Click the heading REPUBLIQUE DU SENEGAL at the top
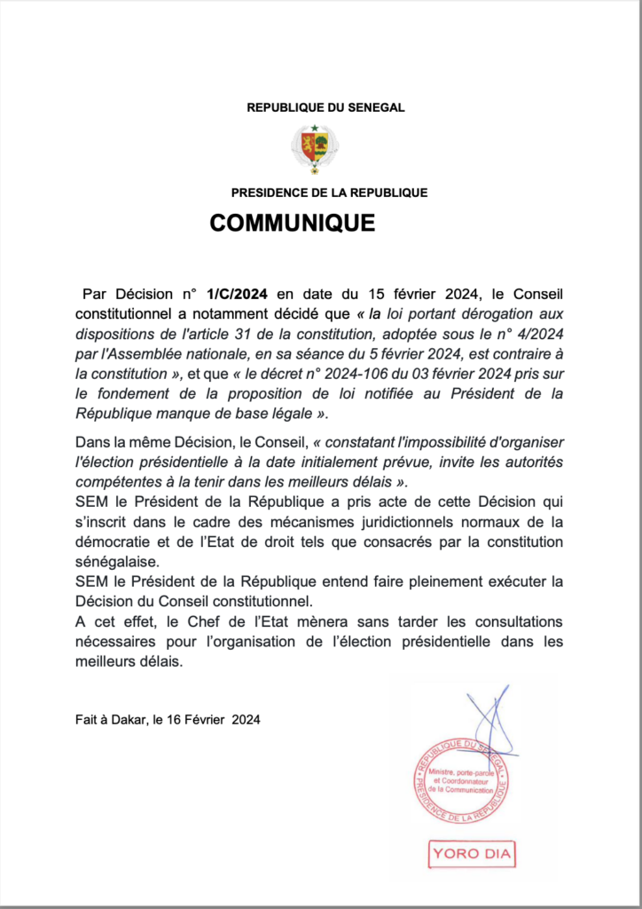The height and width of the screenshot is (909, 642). (x=325, y=107)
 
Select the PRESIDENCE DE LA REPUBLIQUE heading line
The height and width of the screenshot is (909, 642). (x=329, y=192)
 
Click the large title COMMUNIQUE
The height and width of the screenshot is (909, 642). (x=293, y=223)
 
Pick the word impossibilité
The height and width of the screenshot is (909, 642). (x=410, y=442)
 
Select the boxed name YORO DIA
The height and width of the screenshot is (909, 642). (x=473, y=854)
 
